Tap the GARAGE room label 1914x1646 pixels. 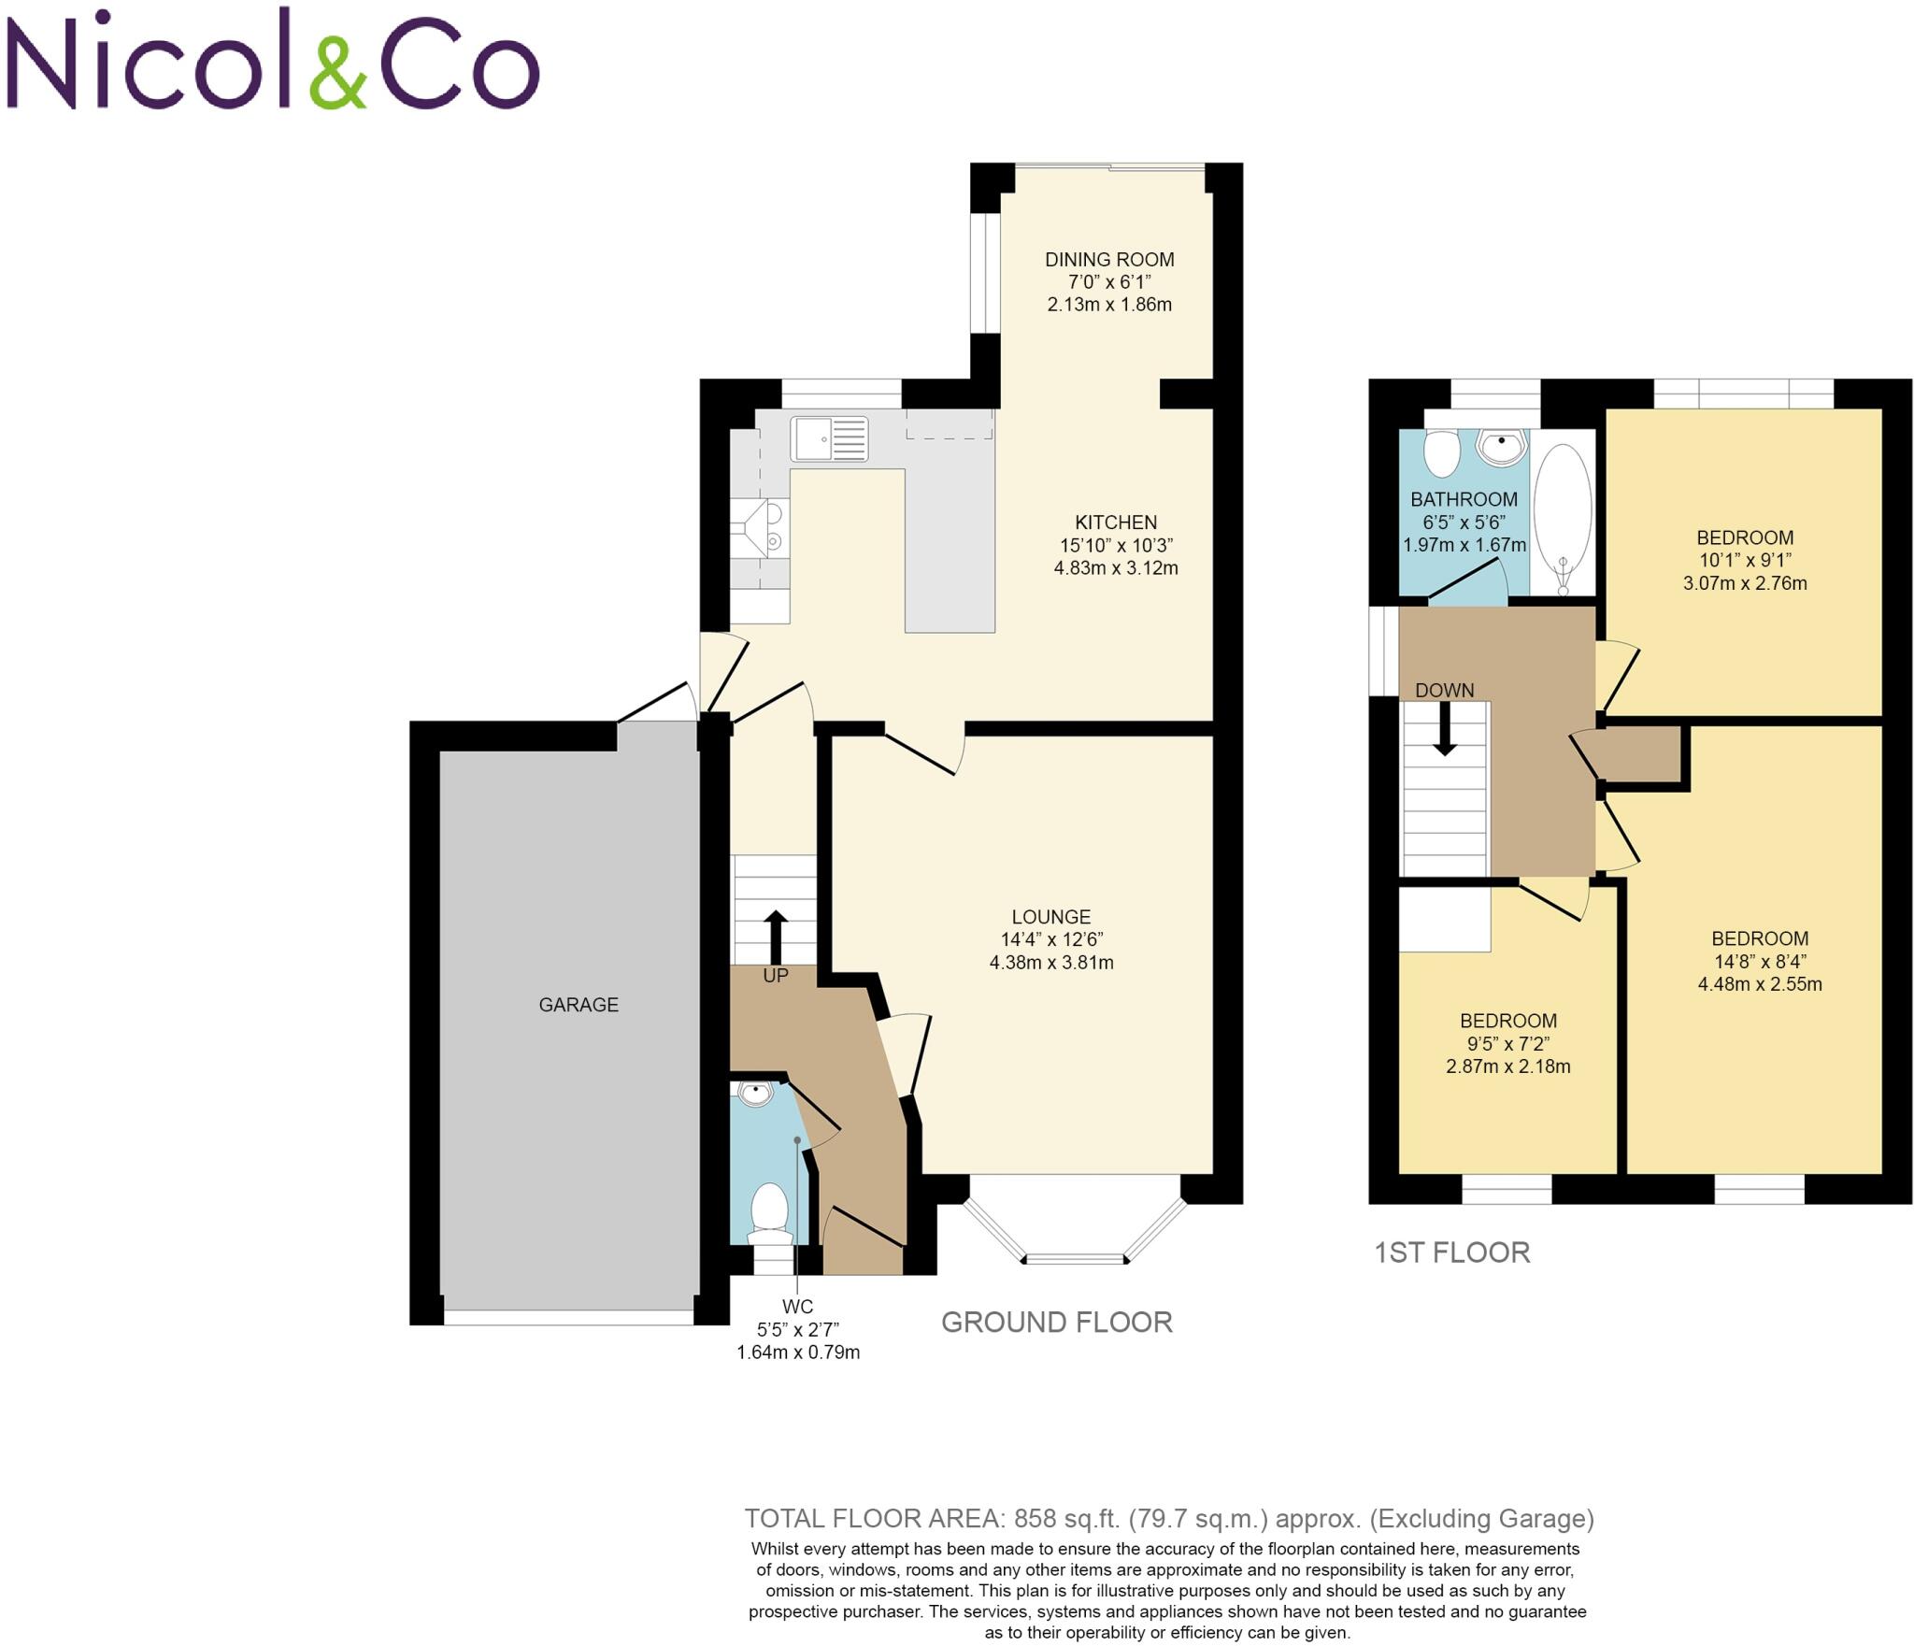(578, 1005)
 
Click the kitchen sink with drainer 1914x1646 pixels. (829, 438)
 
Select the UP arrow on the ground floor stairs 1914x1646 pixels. (776, 937)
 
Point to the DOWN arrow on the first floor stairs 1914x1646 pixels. (1445, 728)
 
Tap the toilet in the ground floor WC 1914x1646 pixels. (770, 1211)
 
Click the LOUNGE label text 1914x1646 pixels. (1050, 917)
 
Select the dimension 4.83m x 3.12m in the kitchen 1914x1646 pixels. (1116, 567)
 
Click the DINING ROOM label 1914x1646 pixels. (1109, 260)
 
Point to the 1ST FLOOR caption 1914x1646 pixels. (1451, 1252)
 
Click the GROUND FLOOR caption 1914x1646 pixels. (1056, 1322)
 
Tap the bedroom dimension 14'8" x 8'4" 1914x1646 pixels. (1760, 961)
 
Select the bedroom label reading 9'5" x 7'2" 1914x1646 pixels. (1508, 1043)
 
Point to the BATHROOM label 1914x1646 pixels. (1464, 499)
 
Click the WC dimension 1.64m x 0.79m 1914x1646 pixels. (797, 1353)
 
